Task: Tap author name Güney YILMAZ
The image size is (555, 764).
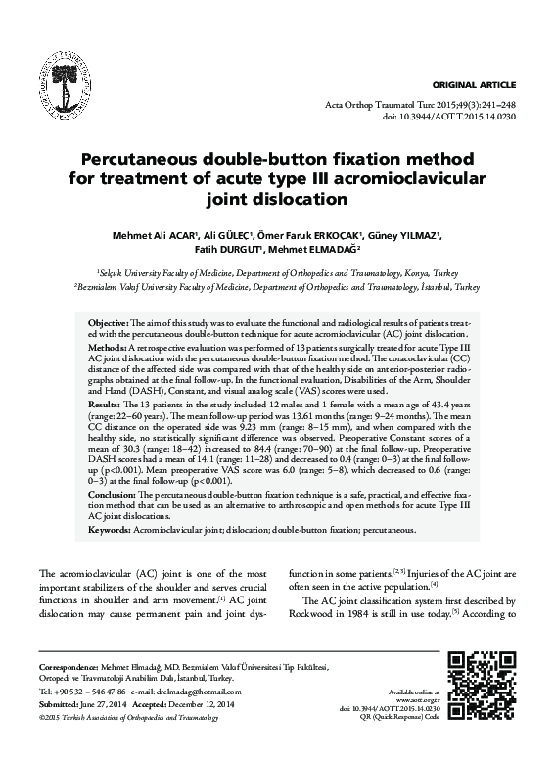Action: (x=407, y=235)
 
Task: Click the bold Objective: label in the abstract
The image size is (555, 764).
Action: (x=108, y=322)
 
